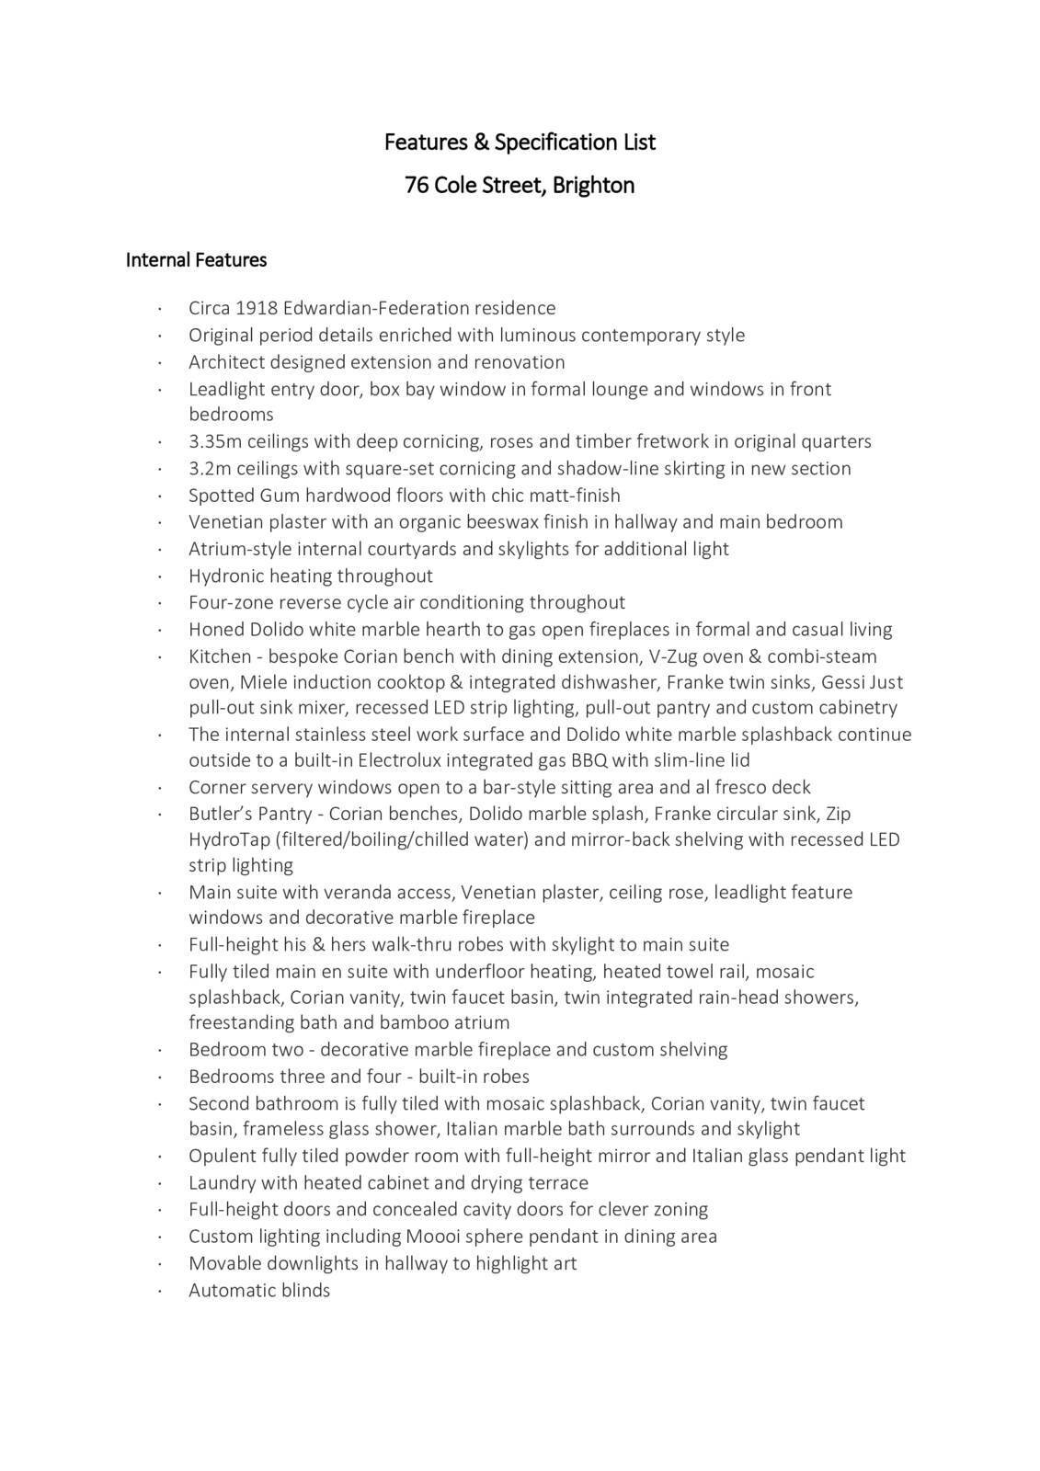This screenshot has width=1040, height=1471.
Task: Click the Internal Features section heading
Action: tap(196, 260)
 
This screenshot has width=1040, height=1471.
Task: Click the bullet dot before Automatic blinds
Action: tap(159, 1292)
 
